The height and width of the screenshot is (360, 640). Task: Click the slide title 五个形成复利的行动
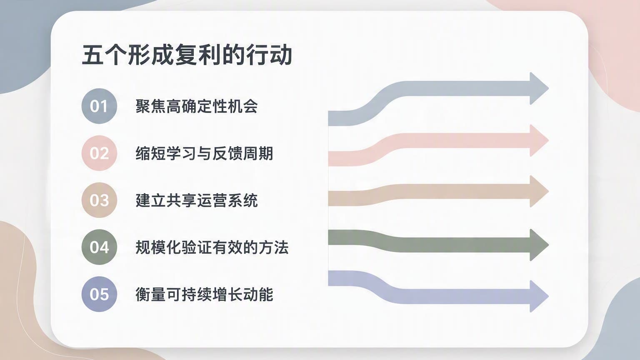tap(187, 55)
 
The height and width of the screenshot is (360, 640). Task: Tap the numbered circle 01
tap(99, 106)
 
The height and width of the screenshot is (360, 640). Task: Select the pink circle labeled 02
tap(99, 153)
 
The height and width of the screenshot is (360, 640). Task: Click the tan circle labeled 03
tap(99, 200)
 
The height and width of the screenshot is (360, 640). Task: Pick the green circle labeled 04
tap(99, 247)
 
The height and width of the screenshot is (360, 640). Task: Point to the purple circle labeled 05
tap(99, 294)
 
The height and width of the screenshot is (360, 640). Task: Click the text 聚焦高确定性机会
tap(197, 106)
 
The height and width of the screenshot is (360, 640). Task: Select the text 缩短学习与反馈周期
tap(204, 153)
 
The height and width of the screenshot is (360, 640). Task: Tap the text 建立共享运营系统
tap(197, 200)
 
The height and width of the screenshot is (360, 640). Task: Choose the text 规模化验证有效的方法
tap(212, 247)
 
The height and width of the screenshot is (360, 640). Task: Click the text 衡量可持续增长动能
tap(204, 294)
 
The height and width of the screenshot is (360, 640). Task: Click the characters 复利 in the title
tap(198, 55)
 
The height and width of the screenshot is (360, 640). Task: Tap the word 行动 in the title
tap(269, 55)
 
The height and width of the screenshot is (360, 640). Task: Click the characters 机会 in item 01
tap(242, 106)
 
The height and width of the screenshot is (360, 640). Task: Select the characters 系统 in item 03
tap(242, 200)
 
